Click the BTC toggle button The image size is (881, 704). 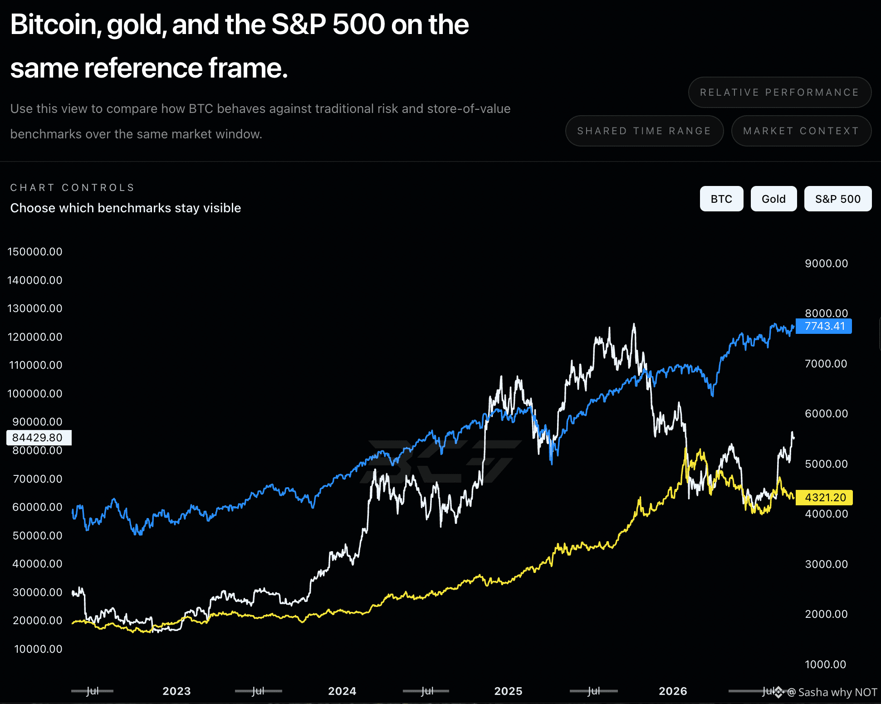721,199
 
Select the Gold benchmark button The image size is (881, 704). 773,199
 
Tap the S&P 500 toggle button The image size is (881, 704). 837,199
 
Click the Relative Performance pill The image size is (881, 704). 779,93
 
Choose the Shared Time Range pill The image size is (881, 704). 644,131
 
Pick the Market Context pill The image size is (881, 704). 801,131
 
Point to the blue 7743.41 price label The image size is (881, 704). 824,326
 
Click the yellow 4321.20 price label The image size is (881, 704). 824,498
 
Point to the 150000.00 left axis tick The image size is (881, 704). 35,252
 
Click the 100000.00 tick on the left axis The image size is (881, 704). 35,394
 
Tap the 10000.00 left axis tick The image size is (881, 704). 38,649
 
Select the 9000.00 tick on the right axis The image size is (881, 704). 826,264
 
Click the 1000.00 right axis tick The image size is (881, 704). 826,665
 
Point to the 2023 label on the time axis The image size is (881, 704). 176,691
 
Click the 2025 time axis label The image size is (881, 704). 508,691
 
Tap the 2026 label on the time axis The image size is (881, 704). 673,691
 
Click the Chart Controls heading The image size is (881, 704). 73,188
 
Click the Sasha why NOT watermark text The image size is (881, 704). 837,692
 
